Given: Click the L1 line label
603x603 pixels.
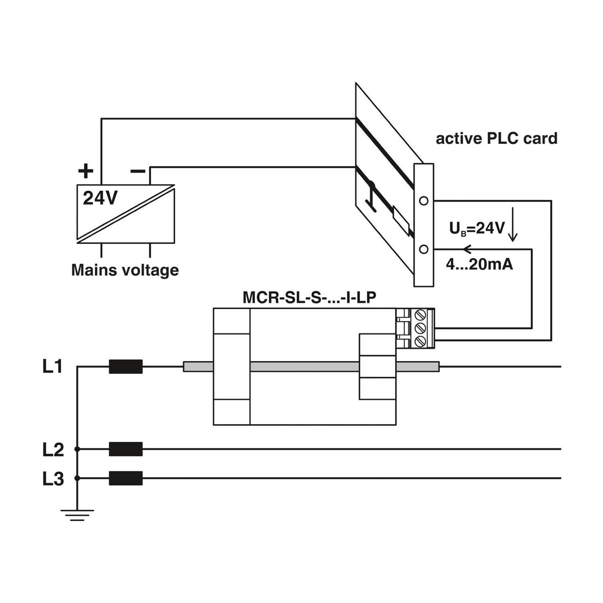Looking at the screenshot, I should pos(53,367).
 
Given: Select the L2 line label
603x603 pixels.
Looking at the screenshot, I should pos(53,449).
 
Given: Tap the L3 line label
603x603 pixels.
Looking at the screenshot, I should pos(53,479).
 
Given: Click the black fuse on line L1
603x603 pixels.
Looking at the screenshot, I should pos(126,367).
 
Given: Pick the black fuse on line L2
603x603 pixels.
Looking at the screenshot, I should pos(126,449).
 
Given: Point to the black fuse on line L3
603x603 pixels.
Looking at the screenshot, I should pos(126,478).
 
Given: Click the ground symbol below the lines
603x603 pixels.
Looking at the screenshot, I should pos(77,515).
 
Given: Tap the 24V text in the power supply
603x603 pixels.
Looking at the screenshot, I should pos(100,198).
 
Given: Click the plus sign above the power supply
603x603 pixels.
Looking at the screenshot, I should pos(85,171).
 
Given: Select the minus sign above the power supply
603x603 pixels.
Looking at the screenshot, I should pos(138,172).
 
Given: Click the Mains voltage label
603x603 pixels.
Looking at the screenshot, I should pos(125,270).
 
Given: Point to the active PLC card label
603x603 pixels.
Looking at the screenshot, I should pos(496,138).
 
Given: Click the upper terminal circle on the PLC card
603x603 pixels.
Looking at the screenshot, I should pos(424,201).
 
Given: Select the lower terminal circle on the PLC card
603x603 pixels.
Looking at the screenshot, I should pos(424,250).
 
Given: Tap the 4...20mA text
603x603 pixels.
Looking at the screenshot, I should pos(479,265).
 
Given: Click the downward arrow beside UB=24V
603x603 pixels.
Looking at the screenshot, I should pos(513,225).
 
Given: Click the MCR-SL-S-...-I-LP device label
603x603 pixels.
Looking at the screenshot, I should pos(309,297).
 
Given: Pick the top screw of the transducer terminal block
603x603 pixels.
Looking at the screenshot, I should pos(420,314).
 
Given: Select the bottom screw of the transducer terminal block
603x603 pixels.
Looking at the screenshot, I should pos(420,342).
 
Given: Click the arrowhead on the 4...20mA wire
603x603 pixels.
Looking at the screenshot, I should pos(466,250).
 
